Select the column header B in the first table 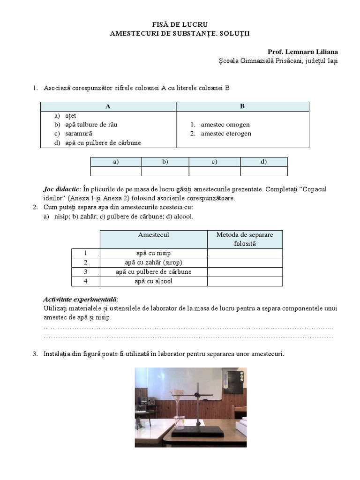pos(242,106)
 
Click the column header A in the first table pos(108,106)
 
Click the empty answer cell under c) pos(214,171)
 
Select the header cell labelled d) pos(263,162)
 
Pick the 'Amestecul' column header pos(154,234)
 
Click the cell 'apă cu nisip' pos(154,253)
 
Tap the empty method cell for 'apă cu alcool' pos(245,281)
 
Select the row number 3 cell pos(86,272)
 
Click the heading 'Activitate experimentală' pos(80,300)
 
